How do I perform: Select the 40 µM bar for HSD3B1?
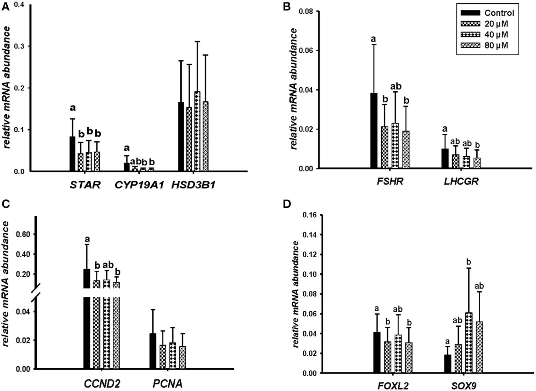(197, 131)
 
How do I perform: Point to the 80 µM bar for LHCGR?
(477, 163)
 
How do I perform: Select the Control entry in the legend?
(487, 13)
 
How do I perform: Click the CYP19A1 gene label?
(139, 185)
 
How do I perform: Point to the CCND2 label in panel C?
(102, 384)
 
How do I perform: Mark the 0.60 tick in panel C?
(23, 234)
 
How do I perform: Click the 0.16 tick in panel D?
(310, 215)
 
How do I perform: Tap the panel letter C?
(5, 204)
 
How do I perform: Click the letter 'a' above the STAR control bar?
(72, 108)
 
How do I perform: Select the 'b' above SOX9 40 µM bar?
(469, 262)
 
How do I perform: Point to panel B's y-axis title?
(294, 89)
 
